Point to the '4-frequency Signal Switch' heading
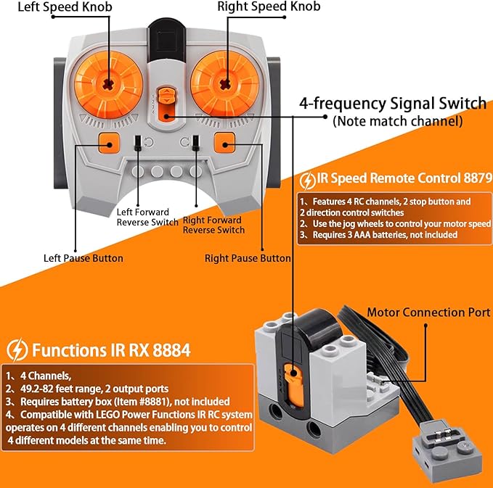pyautogui.click(x=393, y=103)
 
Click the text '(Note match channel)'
pyautogui.click(x=397, y=122)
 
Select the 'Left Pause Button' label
pyautogui.click(x=83, y=258)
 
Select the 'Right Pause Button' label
pyautogui.click(x=248, y=258)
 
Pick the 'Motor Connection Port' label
pyautogui.click(x=428, y=313)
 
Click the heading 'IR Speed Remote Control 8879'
pyautogui.click(x=404, y=177)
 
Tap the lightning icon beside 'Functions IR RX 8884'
pyautogui.click(x=17, y=351)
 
